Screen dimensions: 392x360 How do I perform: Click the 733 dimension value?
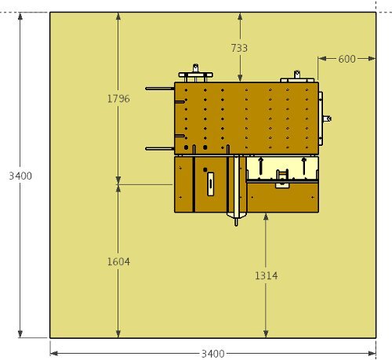pos(239,48)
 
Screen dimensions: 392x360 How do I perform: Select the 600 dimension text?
pos(347,59)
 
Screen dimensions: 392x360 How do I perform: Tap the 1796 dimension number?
pos(118,99)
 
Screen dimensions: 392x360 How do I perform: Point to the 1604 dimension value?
pos(118,261)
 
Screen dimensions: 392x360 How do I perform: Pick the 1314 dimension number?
pos(267,275)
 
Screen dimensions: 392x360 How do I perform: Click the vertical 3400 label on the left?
pos(20,176)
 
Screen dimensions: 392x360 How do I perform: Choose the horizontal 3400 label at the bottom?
pos(213,354)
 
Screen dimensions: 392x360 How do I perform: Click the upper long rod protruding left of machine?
pos(160,89)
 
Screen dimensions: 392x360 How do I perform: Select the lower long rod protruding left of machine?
pos(160,149)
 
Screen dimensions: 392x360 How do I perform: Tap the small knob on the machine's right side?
pos(327,118)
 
